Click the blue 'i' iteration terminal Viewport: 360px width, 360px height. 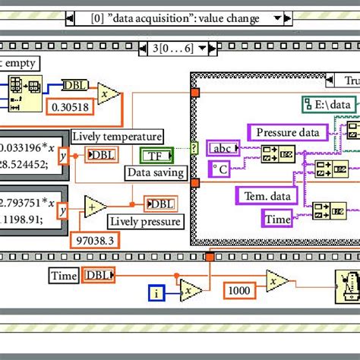(x=156, y=292)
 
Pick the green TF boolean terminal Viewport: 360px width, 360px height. (x=157, y=156)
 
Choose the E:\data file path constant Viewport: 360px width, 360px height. (x=329, y=105)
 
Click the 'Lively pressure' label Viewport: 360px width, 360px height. (x=144, y=221)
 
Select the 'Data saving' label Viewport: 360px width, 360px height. (x=155, y=172)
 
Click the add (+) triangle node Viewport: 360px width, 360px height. (x=95, y=207)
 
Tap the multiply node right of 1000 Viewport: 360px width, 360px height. (x=277, y=281)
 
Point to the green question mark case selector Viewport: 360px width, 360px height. (x=194, y=147)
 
